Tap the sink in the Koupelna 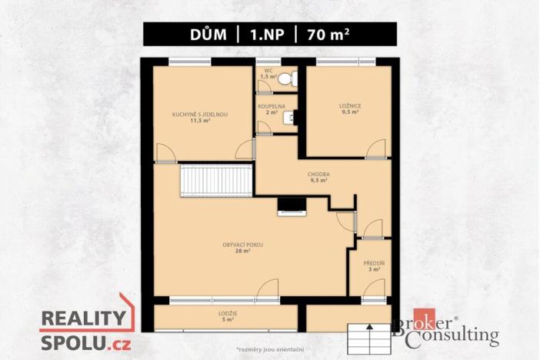pos(288,117)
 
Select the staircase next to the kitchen pos(216,182)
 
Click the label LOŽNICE pos(349,106)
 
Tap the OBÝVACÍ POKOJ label pos(242,245)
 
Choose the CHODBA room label pos(319,175)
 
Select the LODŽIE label pos(228,314)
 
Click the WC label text pos(268,71)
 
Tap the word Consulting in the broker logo pos(458,336)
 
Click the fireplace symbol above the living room pos(292,205)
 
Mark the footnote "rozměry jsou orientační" pos(269,350)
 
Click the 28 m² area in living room pos(242,252)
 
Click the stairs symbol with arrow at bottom pos(371,337)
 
